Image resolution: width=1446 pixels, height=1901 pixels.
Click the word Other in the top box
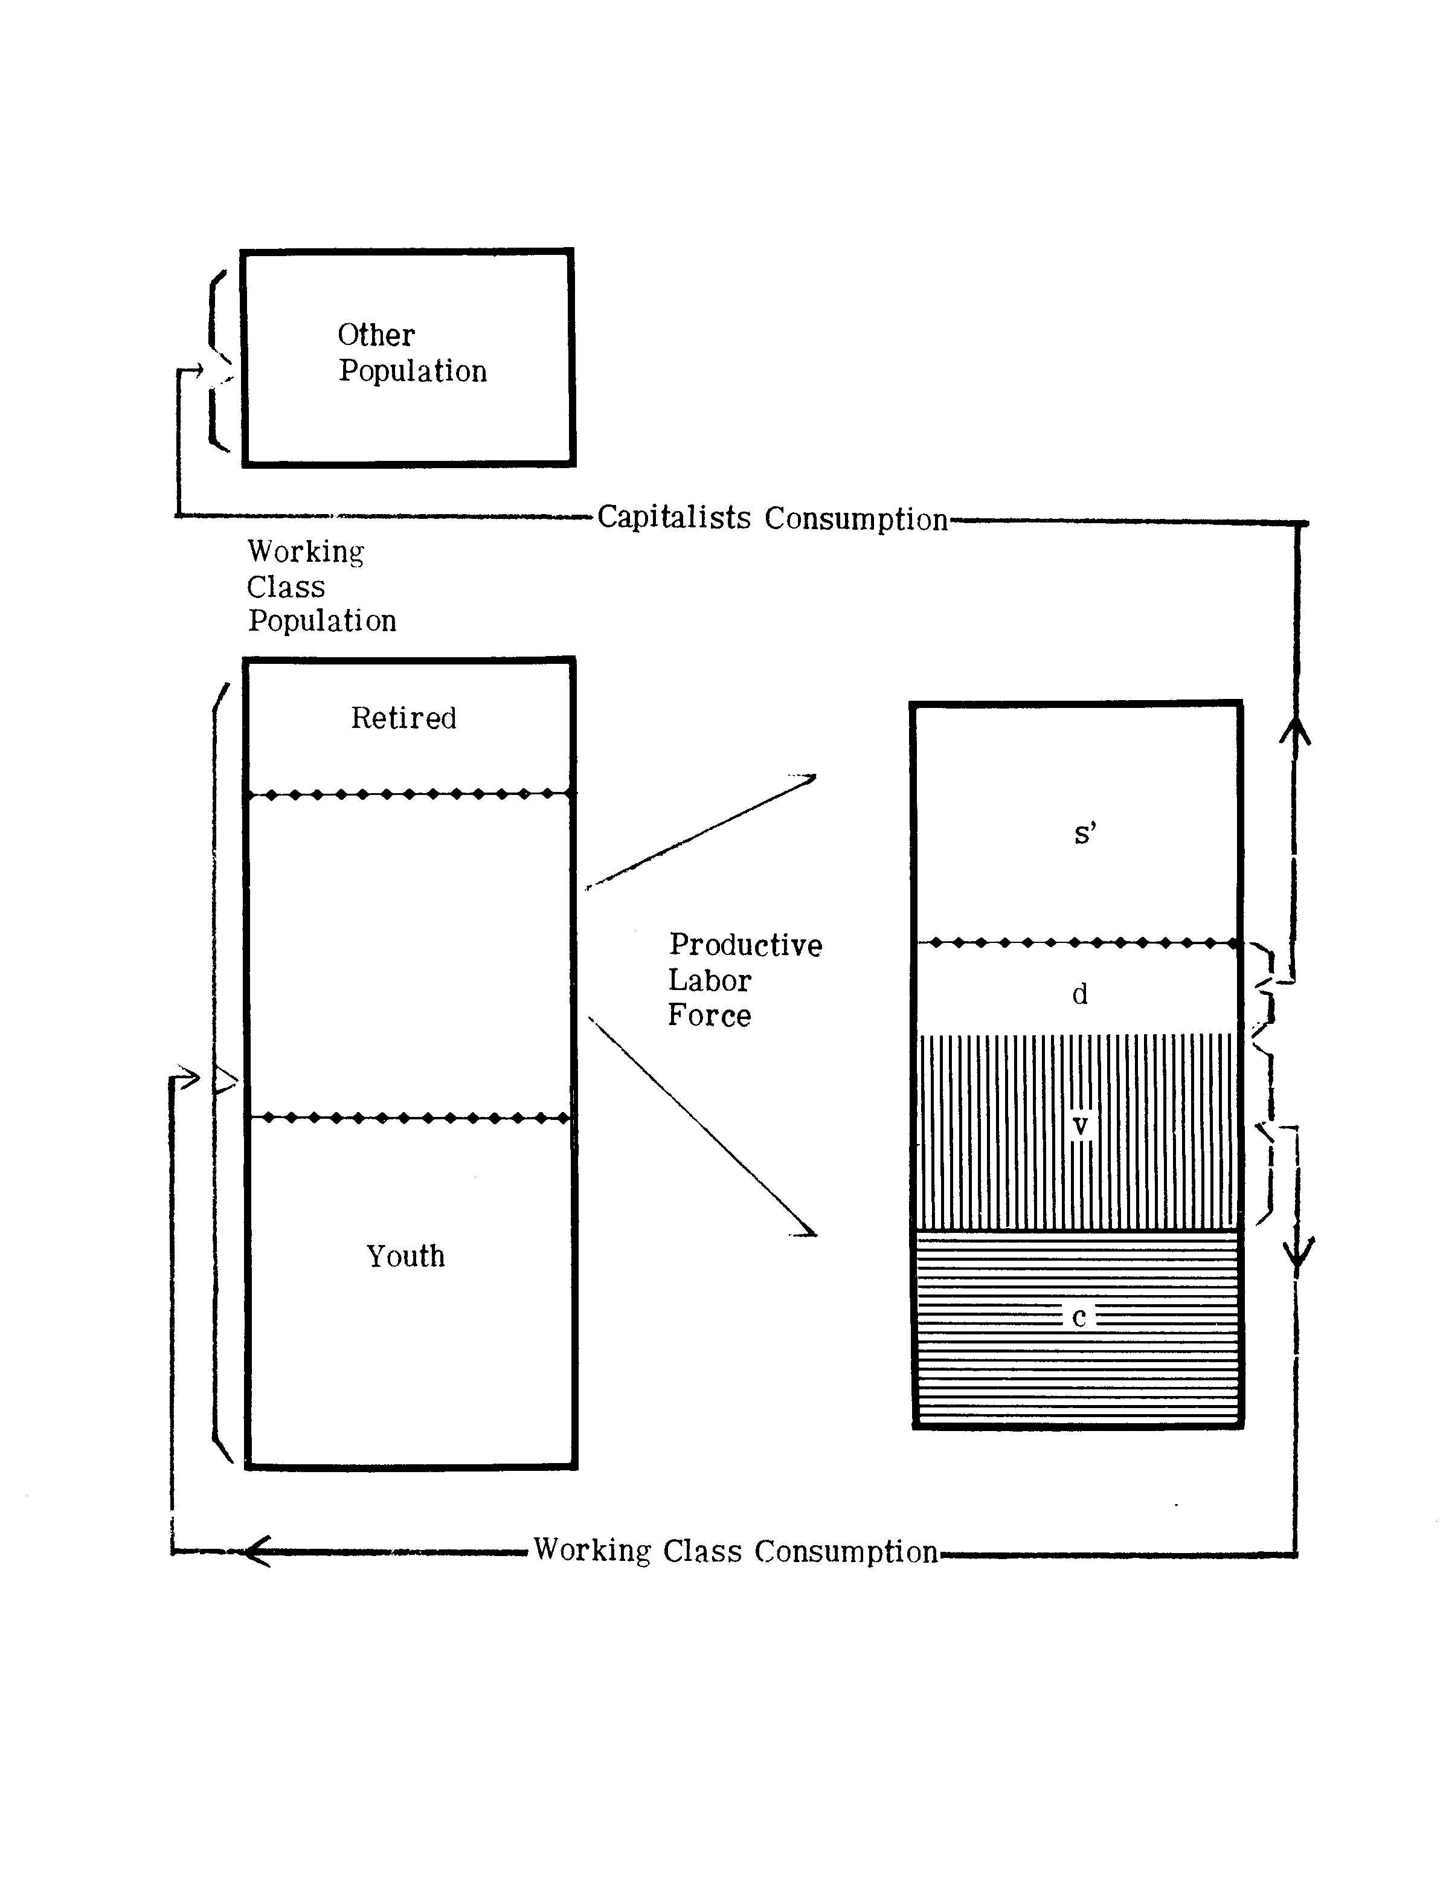376,335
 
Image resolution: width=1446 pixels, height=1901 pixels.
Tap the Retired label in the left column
403,718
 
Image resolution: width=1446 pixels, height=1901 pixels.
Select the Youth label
405,1256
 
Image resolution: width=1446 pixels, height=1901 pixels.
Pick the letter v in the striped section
1079,1125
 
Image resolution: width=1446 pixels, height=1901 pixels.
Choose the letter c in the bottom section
1079,1317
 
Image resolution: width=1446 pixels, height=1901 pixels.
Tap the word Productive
745,945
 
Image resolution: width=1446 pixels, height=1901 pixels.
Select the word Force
709,1015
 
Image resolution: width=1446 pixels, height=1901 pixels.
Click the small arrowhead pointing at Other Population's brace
197,371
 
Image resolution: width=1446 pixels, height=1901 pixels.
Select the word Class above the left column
286,588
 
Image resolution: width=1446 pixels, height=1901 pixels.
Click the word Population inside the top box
413,371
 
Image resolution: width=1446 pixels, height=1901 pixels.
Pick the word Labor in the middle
709,980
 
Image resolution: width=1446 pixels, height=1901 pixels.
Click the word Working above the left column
306,552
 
